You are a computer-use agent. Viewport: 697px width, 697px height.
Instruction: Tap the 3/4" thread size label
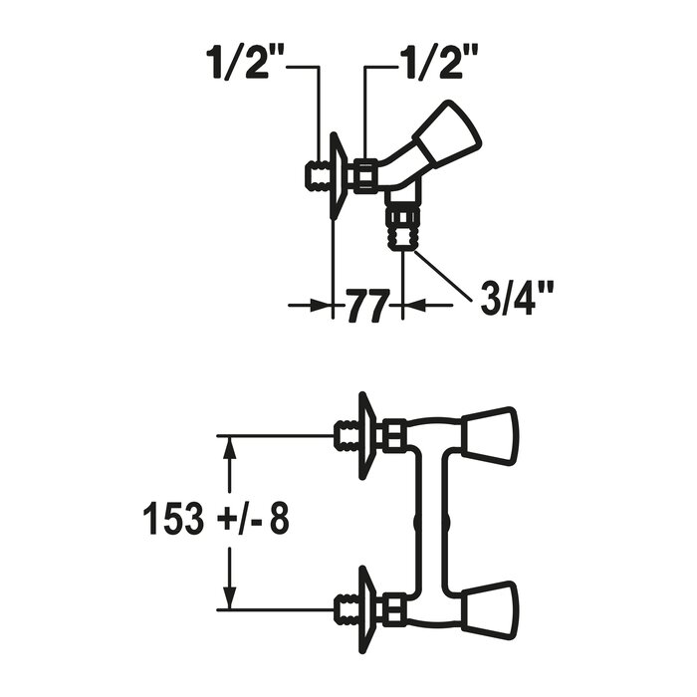pyautogui.click(x=517, y=299)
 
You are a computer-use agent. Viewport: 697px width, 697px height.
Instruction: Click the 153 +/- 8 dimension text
pyautogui.click(x=216, y=519)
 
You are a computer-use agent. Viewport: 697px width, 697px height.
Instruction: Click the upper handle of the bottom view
pyautogui.click(x=490, y=432)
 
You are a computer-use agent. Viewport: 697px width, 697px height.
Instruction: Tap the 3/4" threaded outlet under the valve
pyautogui.click(x=402, y=230)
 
